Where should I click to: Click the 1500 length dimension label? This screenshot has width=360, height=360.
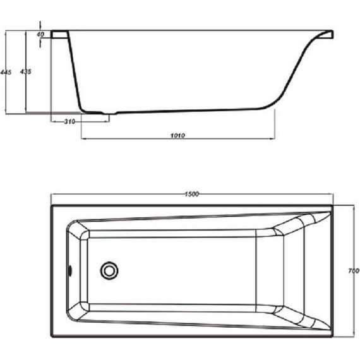coord(192,195)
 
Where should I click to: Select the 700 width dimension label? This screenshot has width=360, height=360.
coord(354,271)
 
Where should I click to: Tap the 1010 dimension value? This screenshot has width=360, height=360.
coord(177,135)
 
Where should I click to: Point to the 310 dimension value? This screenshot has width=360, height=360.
coord(69,121)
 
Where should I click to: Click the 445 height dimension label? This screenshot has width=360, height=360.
coord(6,72)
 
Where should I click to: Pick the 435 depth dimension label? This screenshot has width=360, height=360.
coord(26,71)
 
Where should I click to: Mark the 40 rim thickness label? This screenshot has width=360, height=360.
coord(40,35)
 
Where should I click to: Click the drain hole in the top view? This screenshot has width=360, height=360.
coord(109,270)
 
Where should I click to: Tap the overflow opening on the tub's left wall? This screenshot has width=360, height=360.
coord(71,270)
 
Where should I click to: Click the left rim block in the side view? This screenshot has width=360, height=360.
coord(60,34)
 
